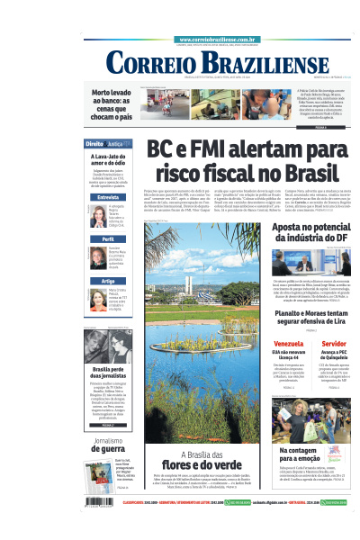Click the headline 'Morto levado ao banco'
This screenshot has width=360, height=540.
pyautogui.click(x=112, y=104)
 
